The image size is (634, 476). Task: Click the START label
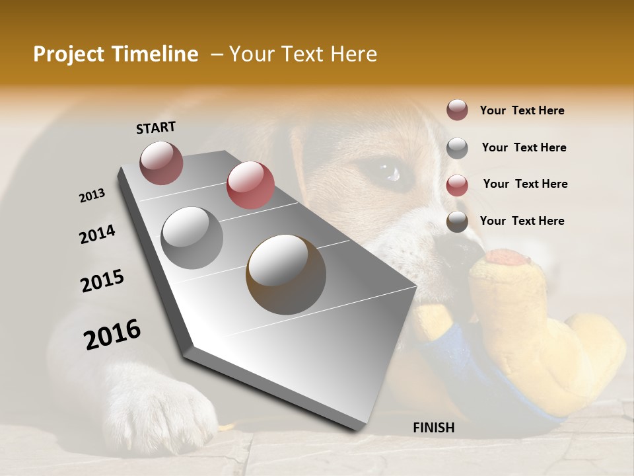point(156,128)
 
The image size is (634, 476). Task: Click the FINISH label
point(433,428)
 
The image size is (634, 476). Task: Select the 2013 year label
point(92,196)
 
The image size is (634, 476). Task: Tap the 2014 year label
point(97,234)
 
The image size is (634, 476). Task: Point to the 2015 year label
point(102,281)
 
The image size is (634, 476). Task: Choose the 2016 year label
point(112,334)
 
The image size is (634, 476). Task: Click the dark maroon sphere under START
point(161,163)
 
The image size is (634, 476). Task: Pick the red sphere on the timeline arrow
point(250,185)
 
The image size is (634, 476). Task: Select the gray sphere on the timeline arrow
point(192,238)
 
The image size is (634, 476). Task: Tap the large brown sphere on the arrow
point(286,274)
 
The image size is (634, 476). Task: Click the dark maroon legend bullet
point(457,110)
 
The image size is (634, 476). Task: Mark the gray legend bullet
point(457,148)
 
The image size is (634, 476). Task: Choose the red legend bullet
point(457,185)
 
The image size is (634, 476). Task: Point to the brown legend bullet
point(457,222)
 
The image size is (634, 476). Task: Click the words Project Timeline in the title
point(116,54)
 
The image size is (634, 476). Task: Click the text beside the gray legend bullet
point(524,147)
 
